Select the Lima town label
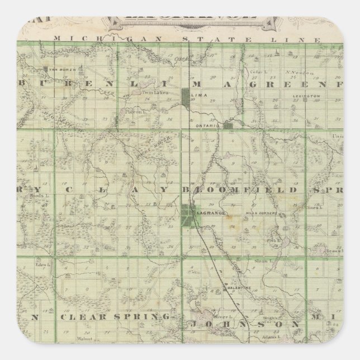click(x=198, y=96)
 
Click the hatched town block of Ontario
click(x=228, y=126)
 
